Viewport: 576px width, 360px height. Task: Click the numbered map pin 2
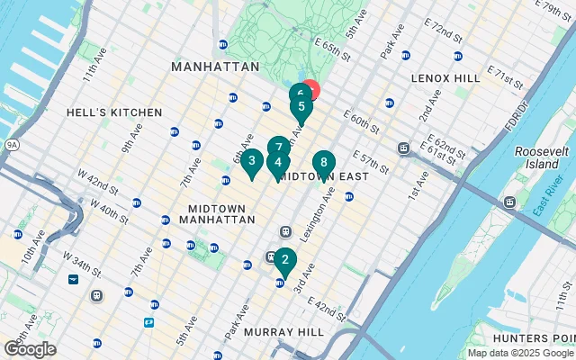[x=284, y=261]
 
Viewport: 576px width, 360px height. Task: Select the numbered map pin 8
[x=323, y=163]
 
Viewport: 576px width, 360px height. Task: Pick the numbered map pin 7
[x=279, y=147]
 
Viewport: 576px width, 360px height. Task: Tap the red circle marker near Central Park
[x=310, y=90]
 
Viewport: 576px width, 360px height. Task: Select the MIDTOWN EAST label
[x=323, y=176]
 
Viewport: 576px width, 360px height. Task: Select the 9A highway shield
[x=12, y=143]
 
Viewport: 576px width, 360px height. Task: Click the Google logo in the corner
[x=30, y=349]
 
